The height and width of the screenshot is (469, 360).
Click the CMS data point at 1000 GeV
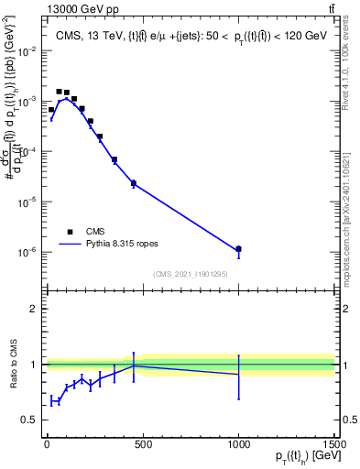coord(238,248)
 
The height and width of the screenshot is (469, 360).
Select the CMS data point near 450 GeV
coord(134,183)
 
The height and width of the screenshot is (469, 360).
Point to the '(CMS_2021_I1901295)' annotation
coord(190,274)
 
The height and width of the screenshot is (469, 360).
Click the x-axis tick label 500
coord(142,442)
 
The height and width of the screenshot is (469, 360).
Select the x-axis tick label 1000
coord(238,442)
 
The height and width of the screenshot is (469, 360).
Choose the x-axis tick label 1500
coord(333,442)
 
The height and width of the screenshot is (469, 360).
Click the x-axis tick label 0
coord(47,442)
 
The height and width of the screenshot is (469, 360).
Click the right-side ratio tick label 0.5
coord(347,420)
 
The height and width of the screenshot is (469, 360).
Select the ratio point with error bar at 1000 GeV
coord(238,374)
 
